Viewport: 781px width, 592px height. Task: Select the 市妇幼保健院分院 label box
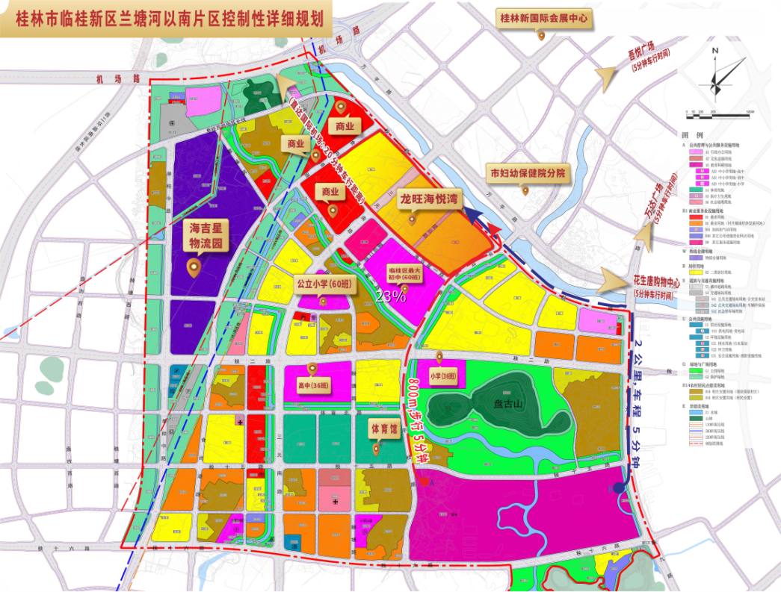pos(526,173)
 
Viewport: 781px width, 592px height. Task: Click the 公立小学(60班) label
pos(324,284)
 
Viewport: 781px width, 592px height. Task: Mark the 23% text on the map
pos(391,296)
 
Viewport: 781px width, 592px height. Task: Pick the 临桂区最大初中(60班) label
pos(404,272)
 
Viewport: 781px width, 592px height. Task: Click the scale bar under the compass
pos(717,114)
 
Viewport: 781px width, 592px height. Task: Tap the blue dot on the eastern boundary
pos(619,488)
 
